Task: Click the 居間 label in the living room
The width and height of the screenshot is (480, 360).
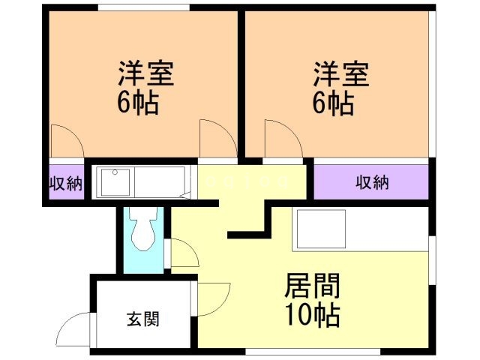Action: [312, 286]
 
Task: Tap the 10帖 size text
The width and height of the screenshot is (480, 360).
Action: [312, 315]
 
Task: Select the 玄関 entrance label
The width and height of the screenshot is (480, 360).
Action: [143, 319]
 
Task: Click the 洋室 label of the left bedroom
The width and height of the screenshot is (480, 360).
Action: [146, 73]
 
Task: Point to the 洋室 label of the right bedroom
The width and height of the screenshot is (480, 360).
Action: [340, 73]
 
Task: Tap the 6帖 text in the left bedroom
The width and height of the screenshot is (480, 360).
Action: [138, 103]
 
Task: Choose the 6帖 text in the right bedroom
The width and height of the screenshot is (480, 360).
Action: [333, 103]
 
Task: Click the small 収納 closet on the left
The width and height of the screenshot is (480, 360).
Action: [67, 182]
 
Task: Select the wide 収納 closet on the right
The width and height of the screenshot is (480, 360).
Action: [371, 182]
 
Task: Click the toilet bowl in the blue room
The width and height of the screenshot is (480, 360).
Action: [143, 229]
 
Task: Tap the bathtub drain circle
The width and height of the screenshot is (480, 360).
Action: [115, 172]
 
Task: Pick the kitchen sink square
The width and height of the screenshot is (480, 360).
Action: [322, 229]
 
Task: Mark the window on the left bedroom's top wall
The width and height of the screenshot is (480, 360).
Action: [144, 7]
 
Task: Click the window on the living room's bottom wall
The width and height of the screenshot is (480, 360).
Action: [313, 352]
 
